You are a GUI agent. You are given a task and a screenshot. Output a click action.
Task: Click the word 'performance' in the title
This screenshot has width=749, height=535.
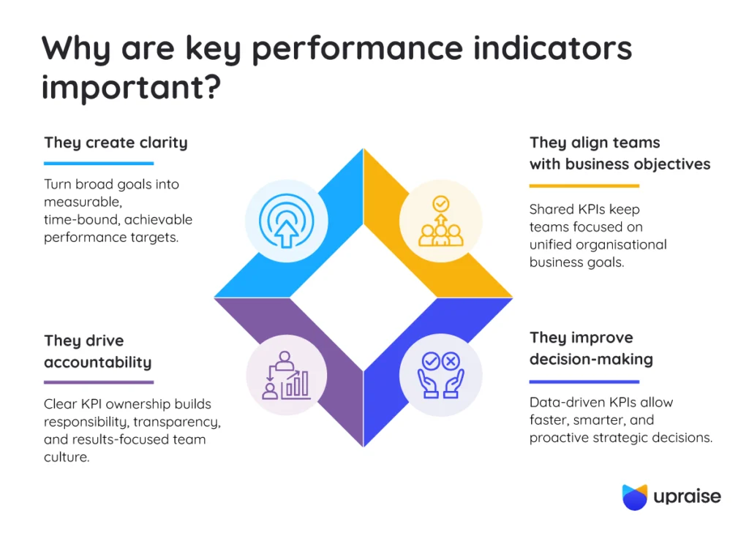[x=357, y=49]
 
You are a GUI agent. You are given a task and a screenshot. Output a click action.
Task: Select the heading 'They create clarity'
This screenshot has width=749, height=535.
[x=116, y=143]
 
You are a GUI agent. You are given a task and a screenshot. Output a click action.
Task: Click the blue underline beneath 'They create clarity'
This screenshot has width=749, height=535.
[x=99, y=163]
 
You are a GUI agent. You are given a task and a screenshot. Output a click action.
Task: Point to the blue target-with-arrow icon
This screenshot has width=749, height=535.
[x=286, y=221]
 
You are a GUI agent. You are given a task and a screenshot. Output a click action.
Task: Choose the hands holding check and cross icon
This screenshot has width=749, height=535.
[x=440, y=375]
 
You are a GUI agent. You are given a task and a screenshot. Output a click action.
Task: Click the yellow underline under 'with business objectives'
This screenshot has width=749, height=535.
[x=584, y=186]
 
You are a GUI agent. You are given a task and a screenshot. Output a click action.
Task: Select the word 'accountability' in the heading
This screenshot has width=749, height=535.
[x=98, y=363]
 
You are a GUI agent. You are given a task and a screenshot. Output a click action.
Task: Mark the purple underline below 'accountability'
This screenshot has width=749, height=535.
[x=99, y=382]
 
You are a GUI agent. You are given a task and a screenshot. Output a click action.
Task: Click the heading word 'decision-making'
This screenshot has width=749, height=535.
[x=591, y=360]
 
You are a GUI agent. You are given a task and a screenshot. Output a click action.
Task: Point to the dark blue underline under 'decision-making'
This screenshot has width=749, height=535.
[x=584, y=382]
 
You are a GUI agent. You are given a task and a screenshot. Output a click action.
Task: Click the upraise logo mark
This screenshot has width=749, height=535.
[x=635, y=497]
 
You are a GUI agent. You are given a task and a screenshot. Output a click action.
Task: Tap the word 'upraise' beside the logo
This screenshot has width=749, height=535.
[x=688, y=496]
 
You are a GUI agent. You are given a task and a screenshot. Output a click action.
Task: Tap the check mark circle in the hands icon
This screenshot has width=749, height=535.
[x=431, y=361]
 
